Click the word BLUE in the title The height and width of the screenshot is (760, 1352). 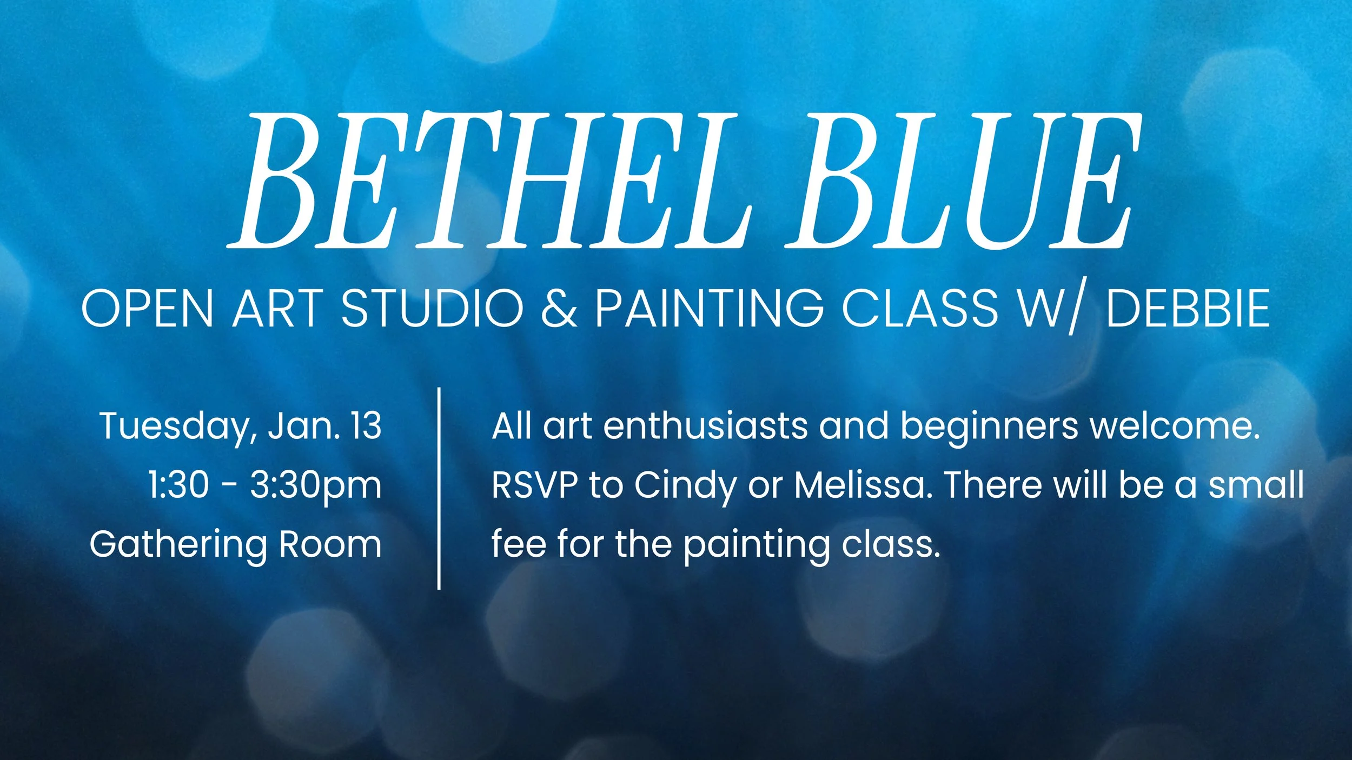[963, 181]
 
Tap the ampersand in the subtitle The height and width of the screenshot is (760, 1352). [559, 308]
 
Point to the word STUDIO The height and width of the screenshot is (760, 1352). [432, 308]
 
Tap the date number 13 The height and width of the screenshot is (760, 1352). [366, 426]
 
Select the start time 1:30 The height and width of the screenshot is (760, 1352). [178, 485]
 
